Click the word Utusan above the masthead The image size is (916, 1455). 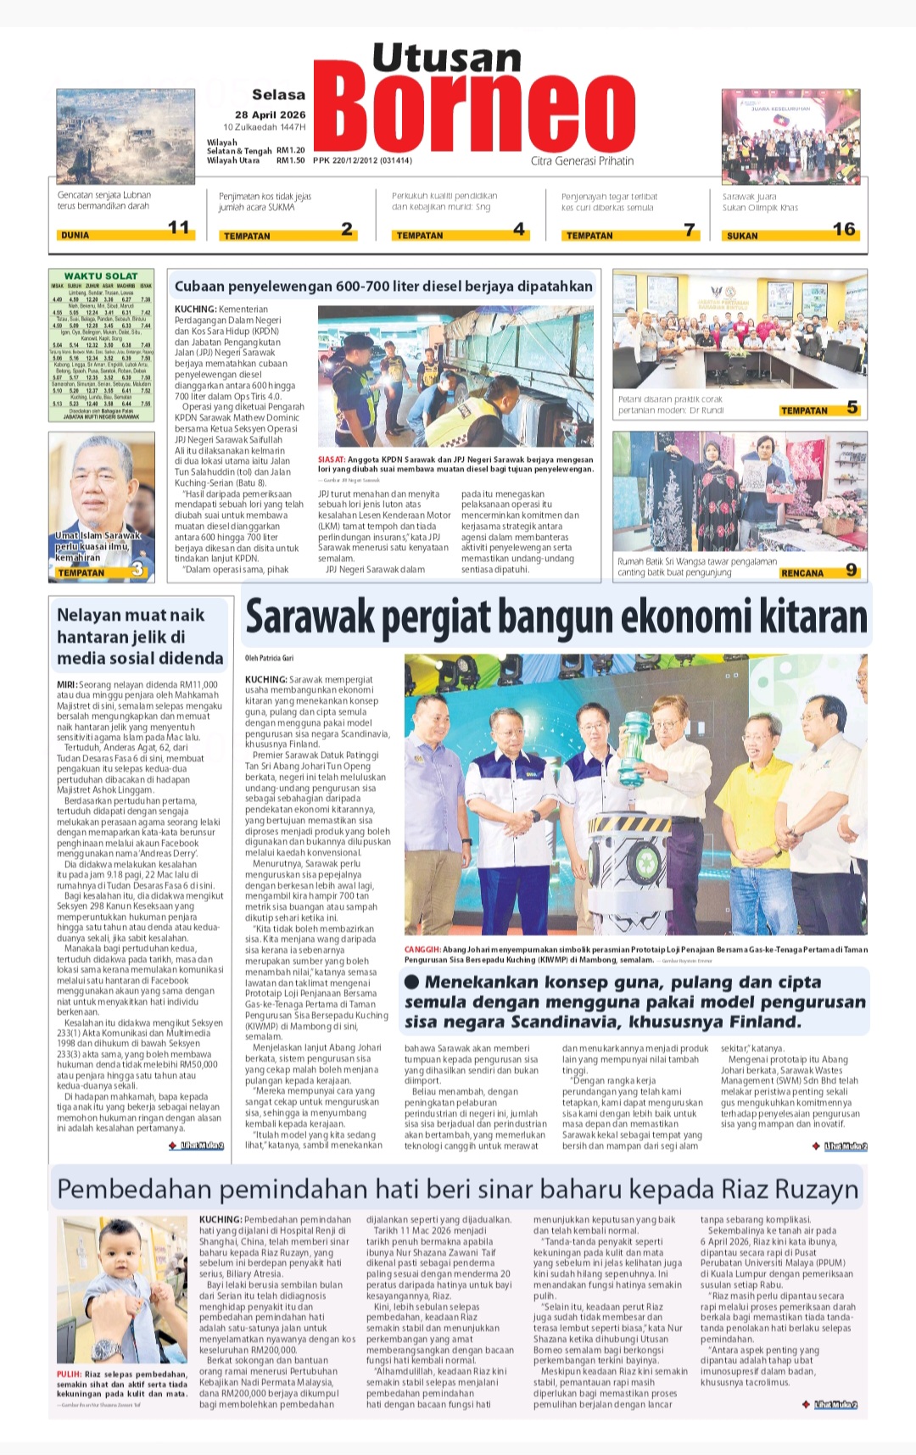point(447,58)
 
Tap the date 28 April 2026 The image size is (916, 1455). point(271,114)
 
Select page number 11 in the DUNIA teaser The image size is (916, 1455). point(179,227)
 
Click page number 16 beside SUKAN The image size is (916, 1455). point(843,229)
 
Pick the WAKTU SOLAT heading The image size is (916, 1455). point(100,276)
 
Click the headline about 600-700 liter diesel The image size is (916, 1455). point(383,287)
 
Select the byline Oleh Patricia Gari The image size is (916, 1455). point(270,658)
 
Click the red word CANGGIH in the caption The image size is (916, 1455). point(422,950)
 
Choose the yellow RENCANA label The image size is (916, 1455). point(801,573)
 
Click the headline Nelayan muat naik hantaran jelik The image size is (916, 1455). point(140,637)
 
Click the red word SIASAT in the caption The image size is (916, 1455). point(331,459)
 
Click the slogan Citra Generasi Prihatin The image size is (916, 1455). point(582,161)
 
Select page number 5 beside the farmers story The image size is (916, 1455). point(852,409)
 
